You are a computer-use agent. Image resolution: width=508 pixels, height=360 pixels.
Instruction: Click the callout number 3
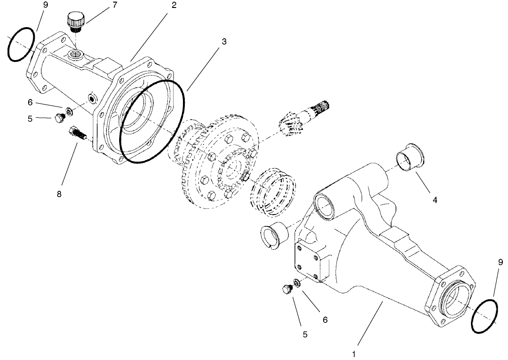point(224,41)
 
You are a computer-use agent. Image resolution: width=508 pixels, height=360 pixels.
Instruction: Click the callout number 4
point(435,200)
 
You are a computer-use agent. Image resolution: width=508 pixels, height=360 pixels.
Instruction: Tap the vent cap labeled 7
point(75,23)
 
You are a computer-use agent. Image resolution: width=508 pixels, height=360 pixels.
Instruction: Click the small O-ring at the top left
point(21,45)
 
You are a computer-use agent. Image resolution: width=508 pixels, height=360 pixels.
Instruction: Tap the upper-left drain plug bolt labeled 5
point(59,118)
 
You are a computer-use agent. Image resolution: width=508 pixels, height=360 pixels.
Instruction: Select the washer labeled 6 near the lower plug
point(297,283)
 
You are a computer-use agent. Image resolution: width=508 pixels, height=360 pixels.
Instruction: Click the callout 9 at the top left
point(45,5)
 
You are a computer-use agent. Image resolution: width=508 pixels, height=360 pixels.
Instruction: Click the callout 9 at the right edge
point(500,262)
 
